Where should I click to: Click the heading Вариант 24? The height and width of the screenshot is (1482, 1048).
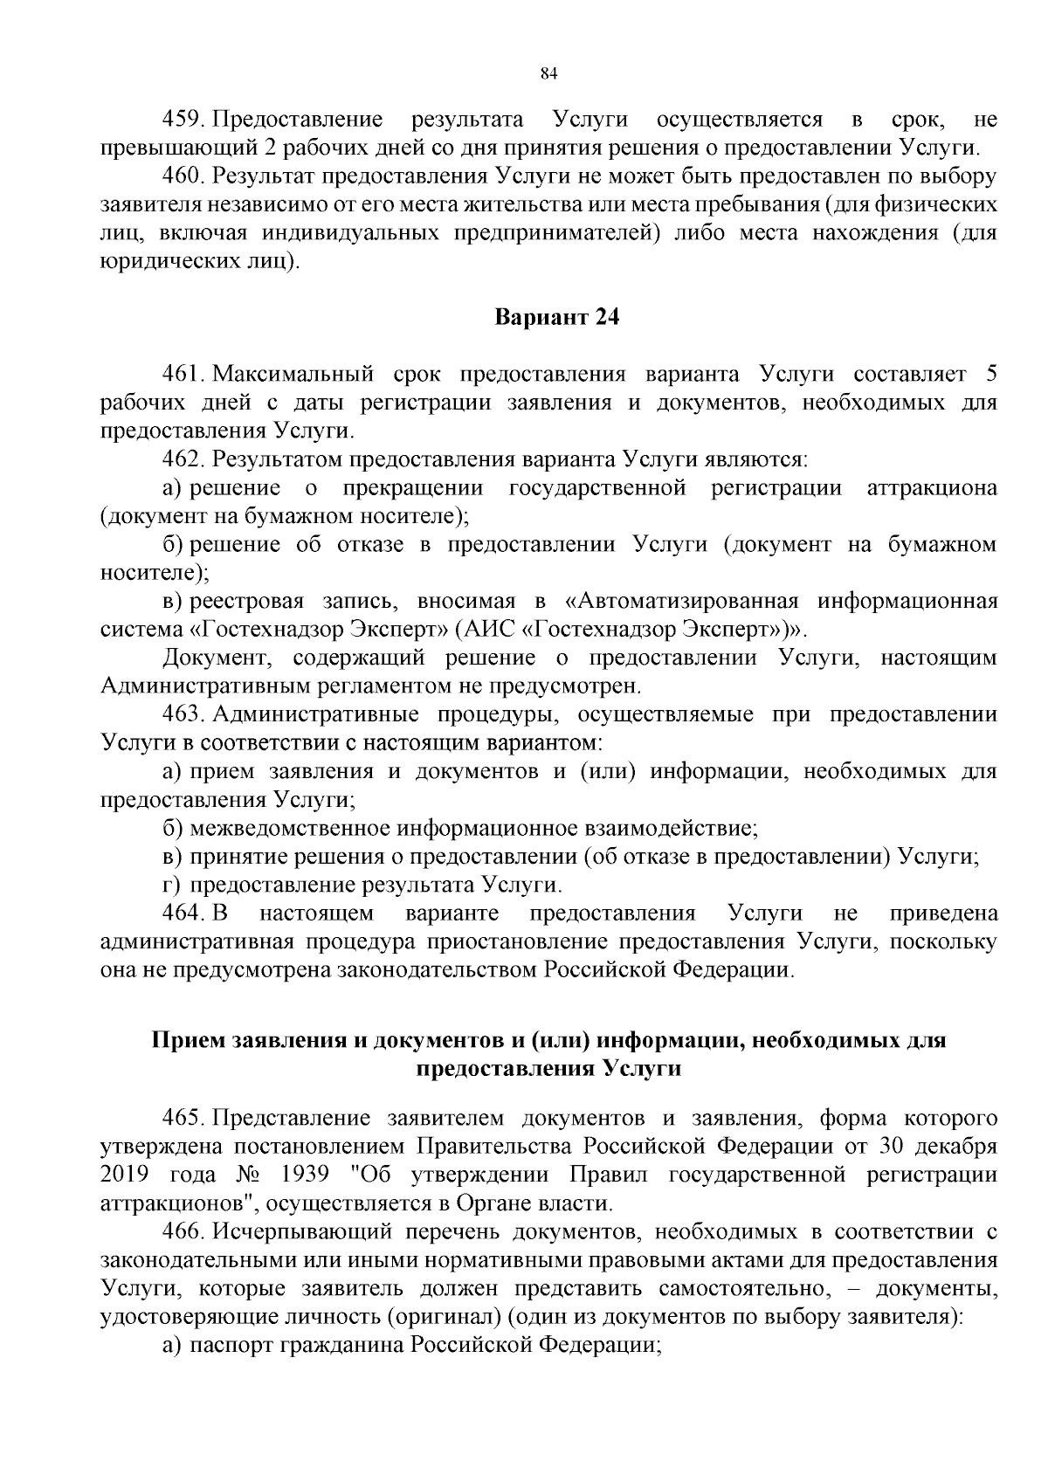tap(557, 318)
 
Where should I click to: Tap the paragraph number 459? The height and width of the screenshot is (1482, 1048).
tap(183, 119)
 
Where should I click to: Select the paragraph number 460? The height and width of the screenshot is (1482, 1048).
tap(183, 176)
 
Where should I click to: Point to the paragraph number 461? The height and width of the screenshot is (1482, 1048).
tap(183, 375)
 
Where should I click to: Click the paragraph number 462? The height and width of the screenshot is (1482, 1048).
tap(183, 458)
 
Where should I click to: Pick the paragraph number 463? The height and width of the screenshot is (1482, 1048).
tap(183, 714)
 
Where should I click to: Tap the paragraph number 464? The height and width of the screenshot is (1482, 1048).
tap(183, 913)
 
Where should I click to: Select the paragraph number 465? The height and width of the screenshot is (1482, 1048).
tap(183, 1119)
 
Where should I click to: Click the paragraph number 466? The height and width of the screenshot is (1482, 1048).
tap(183, 1232)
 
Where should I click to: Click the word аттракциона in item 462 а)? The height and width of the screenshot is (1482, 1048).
tap(932, 488)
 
